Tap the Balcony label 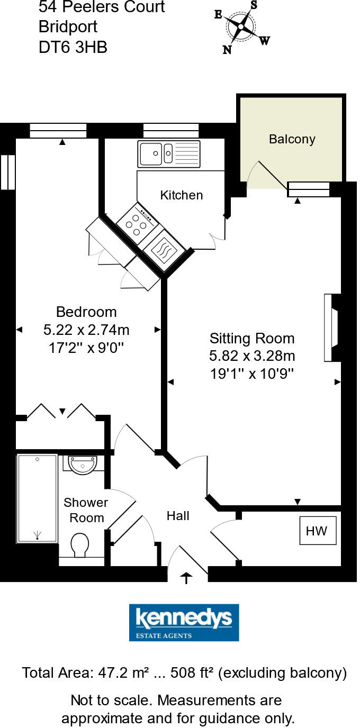coord(292,139)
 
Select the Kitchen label coord(181,195)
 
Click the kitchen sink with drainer coord(169,154)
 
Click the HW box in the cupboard coord(317,531)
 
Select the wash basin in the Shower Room coord(83,465)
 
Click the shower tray coord(37,498)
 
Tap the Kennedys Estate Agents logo coord(184,622)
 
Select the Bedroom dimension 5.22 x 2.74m coord(86,330)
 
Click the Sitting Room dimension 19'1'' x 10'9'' coord(251,374)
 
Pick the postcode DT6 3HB coord(73,48)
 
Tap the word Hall coord(178,515)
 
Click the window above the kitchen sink coord(170,130)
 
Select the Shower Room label coord(86,510)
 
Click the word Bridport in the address coord(68,27)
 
